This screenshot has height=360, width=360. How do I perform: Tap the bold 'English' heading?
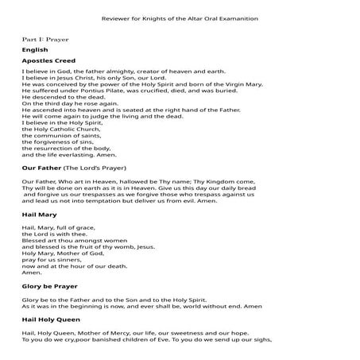coord(35,50)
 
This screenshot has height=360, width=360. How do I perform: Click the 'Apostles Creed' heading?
coord(48,60)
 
